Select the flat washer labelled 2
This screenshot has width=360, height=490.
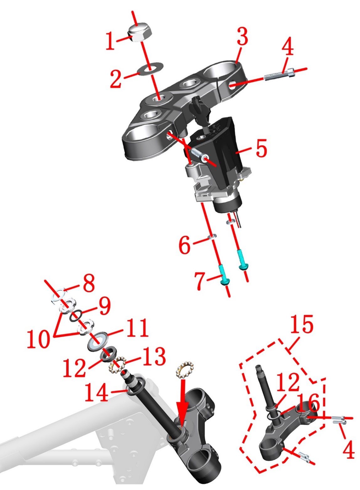pyautogui.click(x=151, y=69)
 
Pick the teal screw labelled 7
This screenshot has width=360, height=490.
pyautogui.click(x=224, y=274)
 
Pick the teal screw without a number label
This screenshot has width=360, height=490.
pyautogui.click(x=241, y=260)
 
